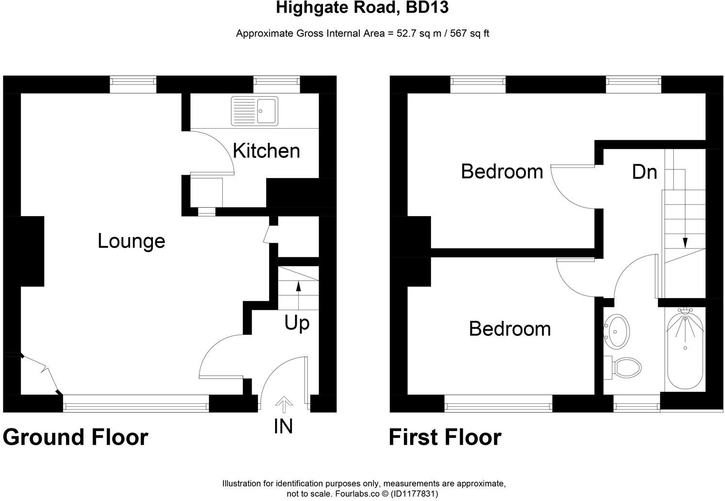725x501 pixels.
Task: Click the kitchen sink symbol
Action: click(x=255, y=111)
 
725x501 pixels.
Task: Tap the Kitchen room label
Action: click(x=266, y=151)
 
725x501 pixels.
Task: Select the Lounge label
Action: click(x=131, y=241)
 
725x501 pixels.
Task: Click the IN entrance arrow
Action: click(x=284, y=404)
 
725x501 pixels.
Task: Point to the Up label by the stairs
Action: click(x=297, y=323)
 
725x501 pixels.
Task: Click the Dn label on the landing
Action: click(x=644, y=172)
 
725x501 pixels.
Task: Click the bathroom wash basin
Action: click(x=615, y=331)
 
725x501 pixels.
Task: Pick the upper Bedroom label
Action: click(x=502, y=171)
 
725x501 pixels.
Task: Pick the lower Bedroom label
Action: click(x=510, y=329)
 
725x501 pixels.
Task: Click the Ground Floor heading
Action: click(x=75, y=437)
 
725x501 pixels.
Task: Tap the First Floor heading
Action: click(x=445, y=437)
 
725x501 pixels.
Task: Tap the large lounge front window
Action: click(x=136, y=403)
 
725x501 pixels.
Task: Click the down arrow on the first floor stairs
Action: click(x=685, y=241)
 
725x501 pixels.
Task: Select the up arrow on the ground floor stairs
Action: click(x=298, y=286)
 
